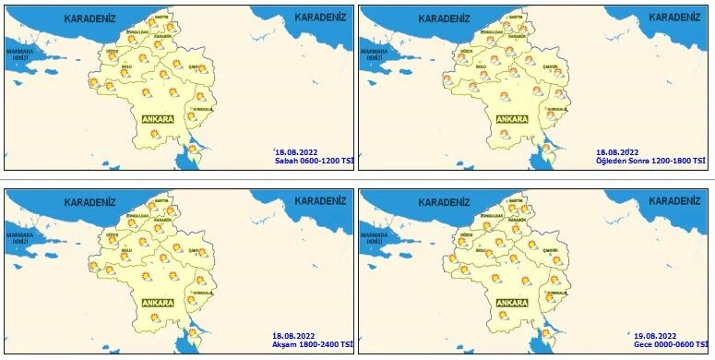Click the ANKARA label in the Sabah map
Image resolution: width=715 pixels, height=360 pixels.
(159, 119)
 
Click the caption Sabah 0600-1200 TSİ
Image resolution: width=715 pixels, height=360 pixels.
(315, 161)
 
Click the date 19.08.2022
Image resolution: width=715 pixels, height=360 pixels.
(656, 334)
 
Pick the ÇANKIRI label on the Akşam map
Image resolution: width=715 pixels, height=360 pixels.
(195, 251)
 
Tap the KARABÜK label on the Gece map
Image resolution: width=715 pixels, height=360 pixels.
(516, 222)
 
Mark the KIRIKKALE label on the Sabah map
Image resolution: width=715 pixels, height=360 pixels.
(200, 110)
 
